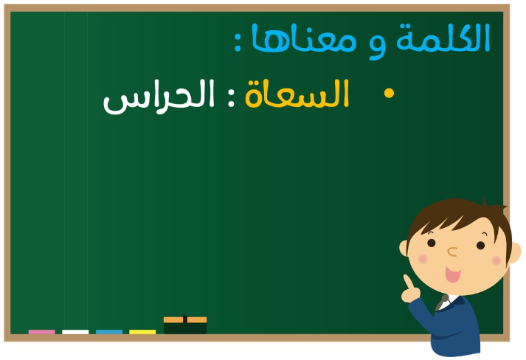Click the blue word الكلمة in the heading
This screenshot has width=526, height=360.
pyautogui.click(x=443, y=38)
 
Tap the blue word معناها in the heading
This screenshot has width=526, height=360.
pyautogui.click(x=304, y=38)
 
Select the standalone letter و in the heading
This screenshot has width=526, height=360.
pyautogui.click(x=377, y=47)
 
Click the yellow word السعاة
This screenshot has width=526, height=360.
pyautogui.click(x=297, y=94)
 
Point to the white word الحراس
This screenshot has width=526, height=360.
pyautogui.click(x=159, y=97)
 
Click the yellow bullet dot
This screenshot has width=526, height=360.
pyautogui.click(x=389, y=93)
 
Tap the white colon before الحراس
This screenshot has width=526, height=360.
pyautogui.click(x=231, y=98)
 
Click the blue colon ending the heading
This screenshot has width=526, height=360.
pyautogui.click(x=238, y=42)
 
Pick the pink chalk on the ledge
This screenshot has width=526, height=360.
pyautogui.click(x=42, y=332)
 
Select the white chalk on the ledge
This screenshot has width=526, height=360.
pyautogui.click(x=75, y=332)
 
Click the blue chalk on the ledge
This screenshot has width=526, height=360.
pyautogui.click(x=109, y=332)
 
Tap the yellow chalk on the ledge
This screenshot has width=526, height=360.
pyautogui.click(x=142, y=332)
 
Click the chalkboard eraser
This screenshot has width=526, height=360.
pyautogui.click(x=185, y=325)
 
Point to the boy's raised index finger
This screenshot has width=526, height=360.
pyautogui.click(x=408, y=282)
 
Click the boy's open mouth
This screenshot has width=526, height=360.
pyautogui.click(x=453, y=274)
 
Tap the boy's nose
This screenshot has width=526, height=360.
pyautogui.click(x=452, y=252)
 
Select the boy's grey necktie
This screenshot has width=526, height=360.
pyautogui.click(x=441, y=302)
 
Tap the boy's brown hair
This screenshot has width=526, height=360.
pyautogui.click(x=460, y=215)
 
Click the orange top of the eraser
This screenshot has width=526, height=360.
pyautogui.click(x=185, y=319)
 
